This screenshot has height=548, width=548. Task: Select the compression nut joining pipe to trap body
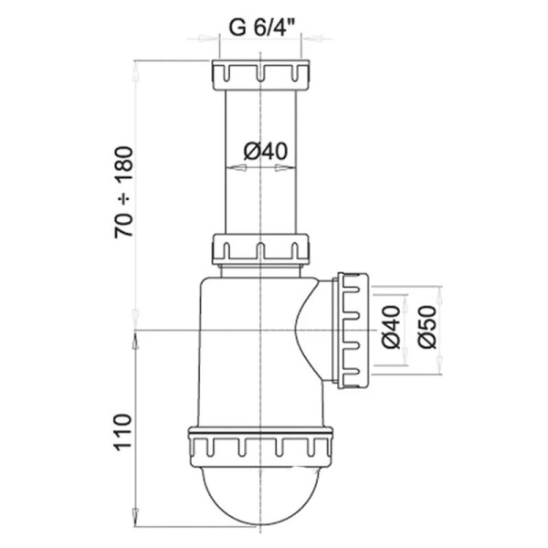click(261, 248)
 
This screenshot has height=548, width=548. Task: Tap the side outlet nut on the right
click(352, 329)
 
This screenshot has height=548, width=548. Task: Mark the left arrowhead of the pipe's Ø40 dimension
click(229, 167)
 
